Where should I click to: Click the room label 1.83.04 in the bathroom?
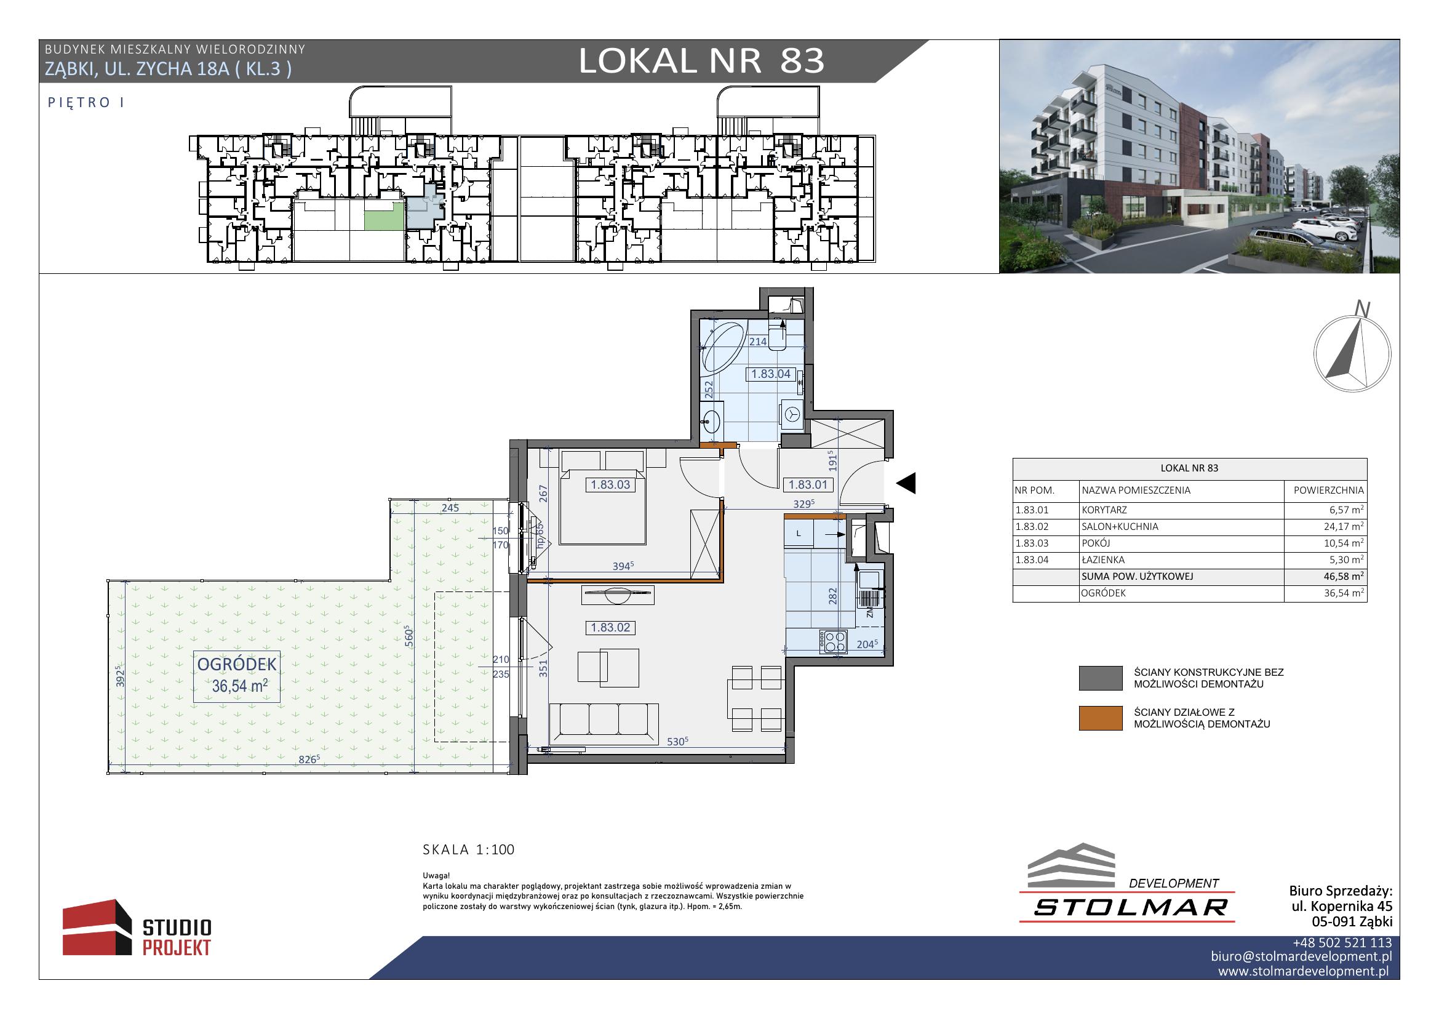coord(770,374)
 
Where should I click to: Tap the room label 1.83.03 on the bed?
coord(610,484)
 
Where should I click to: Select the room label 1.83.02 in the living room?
coord(610,627)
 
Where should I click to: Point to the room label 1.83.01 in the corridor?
coord(808,484)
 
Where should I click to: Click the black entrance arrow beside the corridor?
coord(906,483)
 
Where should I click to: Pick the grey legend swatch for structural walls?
coord(1101,679)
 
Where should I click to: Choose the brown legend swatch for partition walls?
coord(1101,718)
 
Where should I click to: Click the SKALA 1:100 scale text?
coord(469,850)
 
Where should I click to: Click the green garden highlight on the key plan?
coord(384,219)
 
